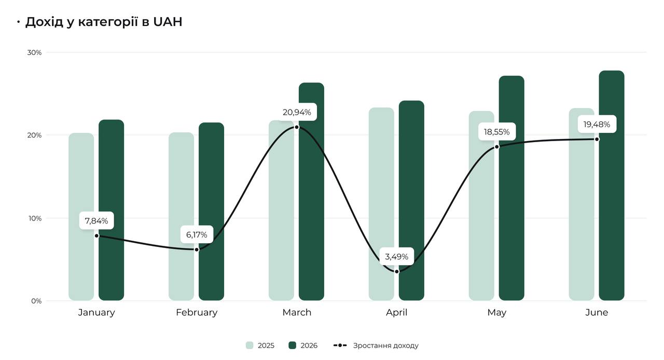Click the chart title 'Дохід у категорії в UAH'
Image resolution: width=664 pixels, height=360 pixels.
(x=103, y=22)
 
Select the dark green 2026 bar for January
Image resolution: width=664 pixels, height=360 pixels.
(x=111, y=210)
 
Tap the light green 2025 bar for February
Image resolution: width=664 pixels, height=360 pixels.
(x=182, y=216)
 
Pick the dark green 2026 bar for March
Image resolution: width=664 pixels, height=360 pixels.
(x=311, y=191)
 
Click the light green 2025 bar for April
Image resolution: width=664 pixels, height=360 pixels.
(x=381, y=204)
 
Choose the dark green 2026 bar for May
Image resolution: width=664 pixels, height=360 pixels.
(x=511, y=188)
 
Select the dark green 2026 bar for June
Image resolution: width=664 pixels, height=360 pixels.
(x=612, y=186)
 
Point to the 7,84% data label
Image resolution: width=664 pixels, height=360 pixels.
(x=96, y=220)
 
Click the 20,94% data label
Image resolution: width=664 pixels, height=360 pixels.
(x=297, y=112)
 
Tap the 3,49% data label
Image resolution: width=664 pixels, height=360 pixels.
(x=397, y=256)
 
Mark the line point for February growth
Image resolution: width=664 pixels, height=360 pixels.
(x=197, y=250)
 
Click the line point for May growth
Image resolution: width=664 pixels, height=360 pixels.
(x=497, y=147)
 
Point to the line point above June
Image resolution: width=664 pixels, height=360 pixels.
(x=597, y=139)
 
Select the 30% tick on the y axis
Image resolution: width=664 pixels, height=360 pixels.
(x=34, y=52)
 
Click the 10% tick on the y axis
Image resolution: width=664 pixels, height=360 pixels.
(x=35, y=218)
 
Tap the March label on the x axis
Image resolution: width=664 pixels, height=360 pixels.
(x=297, y=312)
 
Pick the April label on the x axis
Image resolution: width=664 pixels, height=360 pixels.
(x=397, y=313)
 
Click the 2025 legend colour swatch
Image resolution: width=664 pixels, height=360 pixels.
(x=250, y=345)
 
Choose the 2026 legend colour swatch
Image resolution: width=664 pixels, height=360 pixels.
(x=292, y=345)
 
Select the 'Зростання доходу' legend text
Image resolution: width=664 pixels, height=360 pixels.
(x=385, y=346)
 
